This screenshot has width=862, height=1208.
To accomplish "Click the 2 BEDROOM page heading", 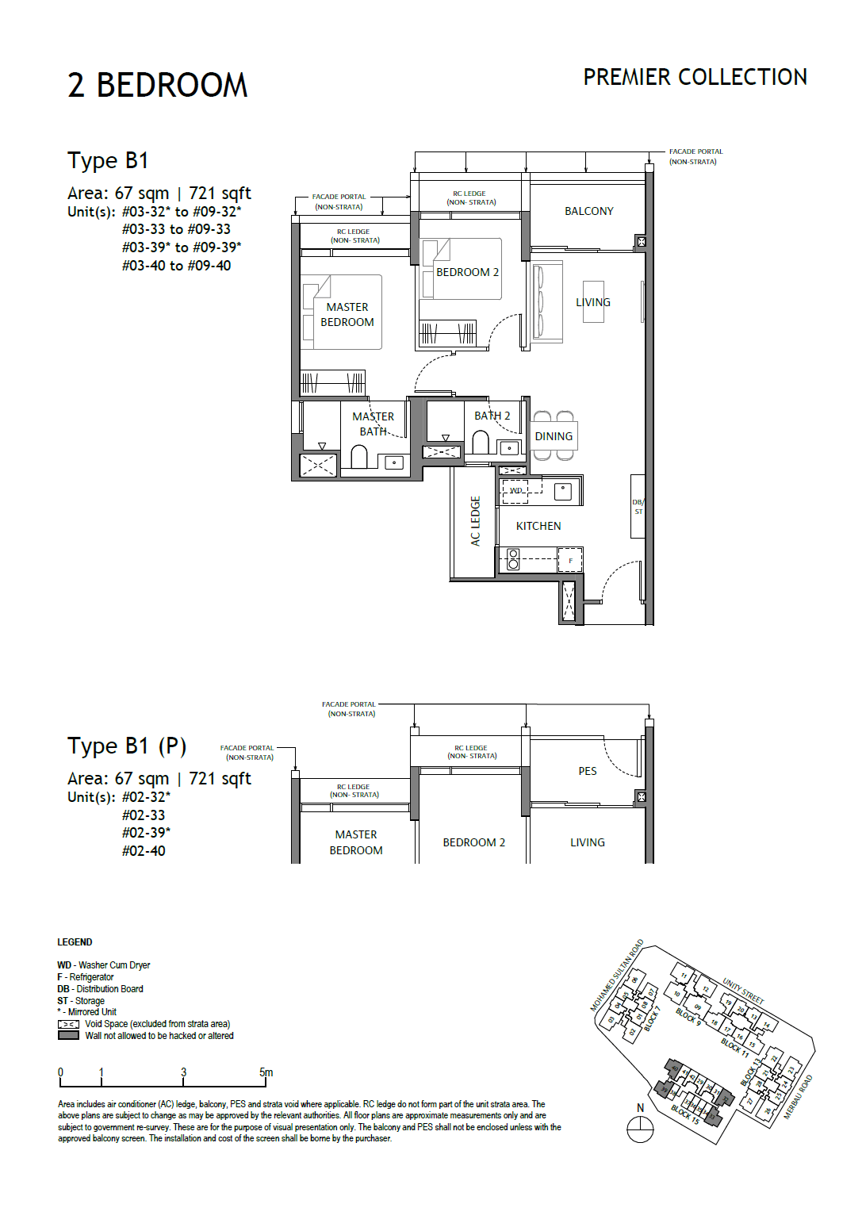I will point(157,86).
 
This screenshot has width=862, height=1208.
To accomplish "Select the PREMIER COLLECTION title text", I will point(695,77).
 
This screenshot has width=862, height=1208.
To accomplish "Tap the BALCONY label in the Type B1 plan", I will point(588,211).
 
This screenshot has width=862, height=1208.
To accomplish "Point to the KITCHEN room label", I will point(538,526).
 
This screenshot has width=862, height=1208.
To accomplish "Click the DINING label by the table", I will point(553,436).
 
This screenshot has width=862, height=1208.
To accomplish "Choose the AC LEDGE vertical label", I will point(475,521).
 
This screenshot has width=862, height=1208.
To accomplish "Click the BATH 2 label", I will point(492,416).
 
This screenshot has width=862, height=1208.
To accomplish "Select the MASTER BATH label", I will point(373,424).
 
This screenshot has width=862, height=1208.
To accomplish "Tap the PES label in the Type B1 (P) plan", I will point(587,771).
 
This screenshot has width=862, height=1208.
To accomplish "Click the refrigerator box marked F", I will point(569,560).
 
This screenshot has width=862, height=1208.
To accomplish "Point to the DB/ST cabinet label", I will point(638,507).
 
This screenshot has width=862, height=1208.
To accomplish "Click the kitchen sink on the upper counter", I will point(562,491).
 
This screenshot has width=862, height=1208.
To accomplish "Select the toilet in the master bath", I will point(359,457).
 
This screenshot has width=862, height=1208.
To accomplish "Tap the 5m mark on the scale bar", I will point(266,1073).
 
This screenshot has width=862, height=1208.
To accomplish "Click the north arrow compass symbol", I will point(640,1127).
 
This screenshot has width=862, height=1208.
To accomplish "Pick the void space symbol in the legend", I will point(68,1024).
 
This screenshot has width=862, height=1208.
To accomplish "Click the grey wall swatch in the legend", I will point(68,1036).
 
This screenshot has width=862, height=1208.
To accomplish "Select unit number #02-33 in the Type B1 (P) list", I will point(144,815).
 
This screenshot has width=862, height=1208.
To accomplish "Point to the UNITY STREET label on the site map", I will point(742,991).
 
